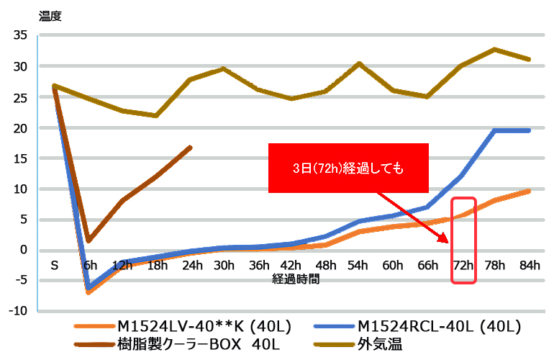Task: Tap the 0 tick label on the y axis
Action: tap(24, 250)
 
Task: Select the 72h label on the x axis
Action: tap(463, 265)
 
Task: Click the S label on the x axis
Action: tap(54, 265)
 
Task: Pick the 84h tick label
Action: tap(530, 265)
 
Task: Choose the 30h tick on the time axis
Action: tap(224, 265)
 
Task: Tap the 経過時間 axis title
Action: tap(295, 277)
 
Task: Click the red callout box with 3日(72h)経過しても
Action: tap(348, 168)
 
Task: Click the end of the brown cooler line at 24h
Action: tap(190, 147)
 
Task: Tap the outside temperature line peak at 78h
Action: tap(496, 49)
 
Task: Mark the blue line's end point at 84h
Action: tap(530, 130)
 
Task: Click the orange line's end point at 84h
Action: tap(530, 191)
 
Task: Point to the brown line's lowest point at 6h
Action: tap(88, 240)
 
